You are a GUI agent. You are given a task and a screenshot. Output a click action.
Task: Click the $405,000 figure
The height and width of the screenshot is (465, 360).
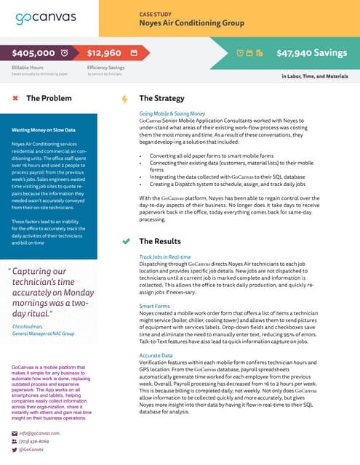pyautogui.click(x=34, y=53)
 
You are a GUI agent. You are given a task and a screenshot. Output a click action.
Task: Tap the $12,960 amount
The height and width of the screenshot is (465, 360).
pyautogui.click(x=104, y=53)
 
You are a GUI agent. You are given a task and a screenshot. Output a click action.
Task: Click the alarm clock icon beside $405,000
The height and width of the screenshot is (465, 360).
pyautogui.click(x=64, y=53)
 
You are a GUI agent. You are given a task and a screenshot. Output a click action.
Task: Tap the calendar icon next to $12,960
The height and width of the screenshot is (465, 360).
pyautogui.click(x=134, y=53)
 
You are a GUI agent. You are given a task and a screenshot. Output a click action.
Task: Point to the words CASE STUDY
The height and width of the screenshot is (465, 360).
pyautogui.click(x=156, y=14)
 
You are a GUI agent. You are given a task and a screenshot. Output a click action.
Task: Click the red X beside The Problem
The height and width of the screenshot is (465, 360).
pyautogui.click(x=15, y=98)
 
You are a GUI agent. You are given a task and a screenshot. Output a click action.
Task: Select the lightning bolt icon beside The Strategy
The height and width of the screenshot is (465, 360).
pyautogui.click(x=124, y=99)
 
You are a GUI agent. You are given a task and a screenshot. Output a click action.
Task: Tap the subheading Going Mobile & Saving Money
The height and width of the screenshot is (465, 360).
pyautogui.click(x=172, y=114)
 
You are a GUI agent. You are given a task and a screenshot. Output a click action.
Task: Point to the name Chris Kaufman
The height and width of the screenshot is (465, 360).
pyautogui.click(x=28, y=327)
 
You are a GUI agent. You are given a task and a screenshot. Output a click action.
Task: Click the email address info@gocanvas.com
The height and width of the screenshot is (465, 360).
pyautogui.click(x=40, y=432)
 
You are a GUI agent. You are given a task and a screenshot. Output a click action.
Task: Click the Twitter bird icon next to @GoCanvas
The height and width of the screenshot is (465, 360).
pyautogui.click(x=15, y=450)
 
